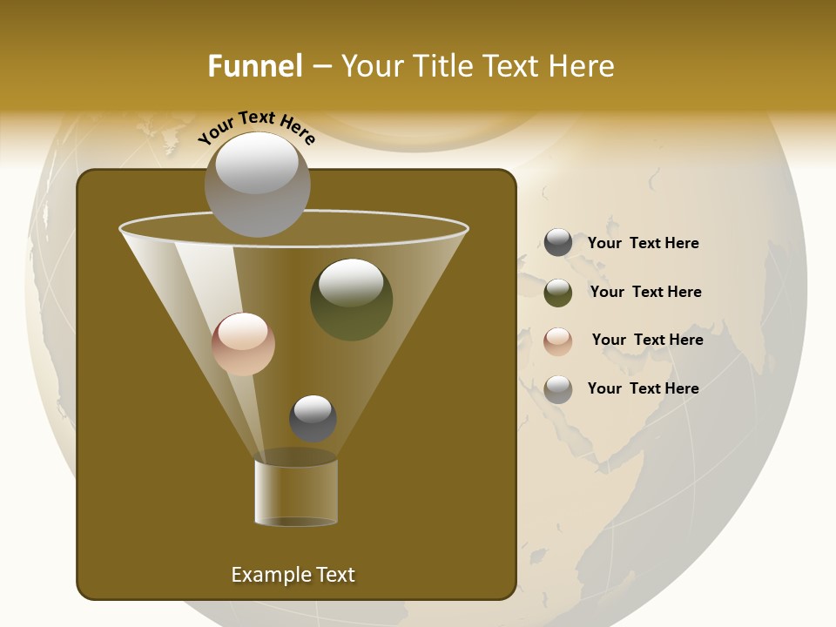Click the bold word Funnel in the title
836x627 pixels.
coord(255,66)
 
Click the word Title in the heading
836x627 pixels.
coord(442,66)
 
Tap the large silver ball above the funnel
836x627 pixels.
coord(257,184)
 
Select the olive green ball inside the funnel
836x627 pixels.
coord(352,300)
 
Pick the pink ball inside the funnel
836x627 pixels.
coord(243,344)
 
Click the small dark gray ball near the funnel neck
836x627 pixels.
coord(313,418)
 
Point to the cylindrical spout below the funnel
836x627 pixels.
coord(296,492)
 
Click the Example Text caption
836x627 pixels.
coord(293,575)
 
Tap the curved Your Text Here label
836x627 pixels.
coord(256,126)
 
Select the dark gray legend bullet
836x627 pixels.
coord(558,243)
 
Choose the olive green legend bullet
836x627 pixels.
coord(558,293)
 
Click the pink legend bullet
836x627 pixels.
coord(558,341)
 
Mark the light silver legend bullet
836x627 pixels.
coord(558,389)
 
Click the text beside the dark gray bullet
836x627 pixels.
coord(643,243)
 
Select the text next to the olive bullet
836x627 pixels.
coord(645,292)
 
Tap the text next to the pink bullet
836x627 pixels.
coord(647,340)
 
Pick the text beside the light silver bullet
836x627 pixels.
coord(643,388)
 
